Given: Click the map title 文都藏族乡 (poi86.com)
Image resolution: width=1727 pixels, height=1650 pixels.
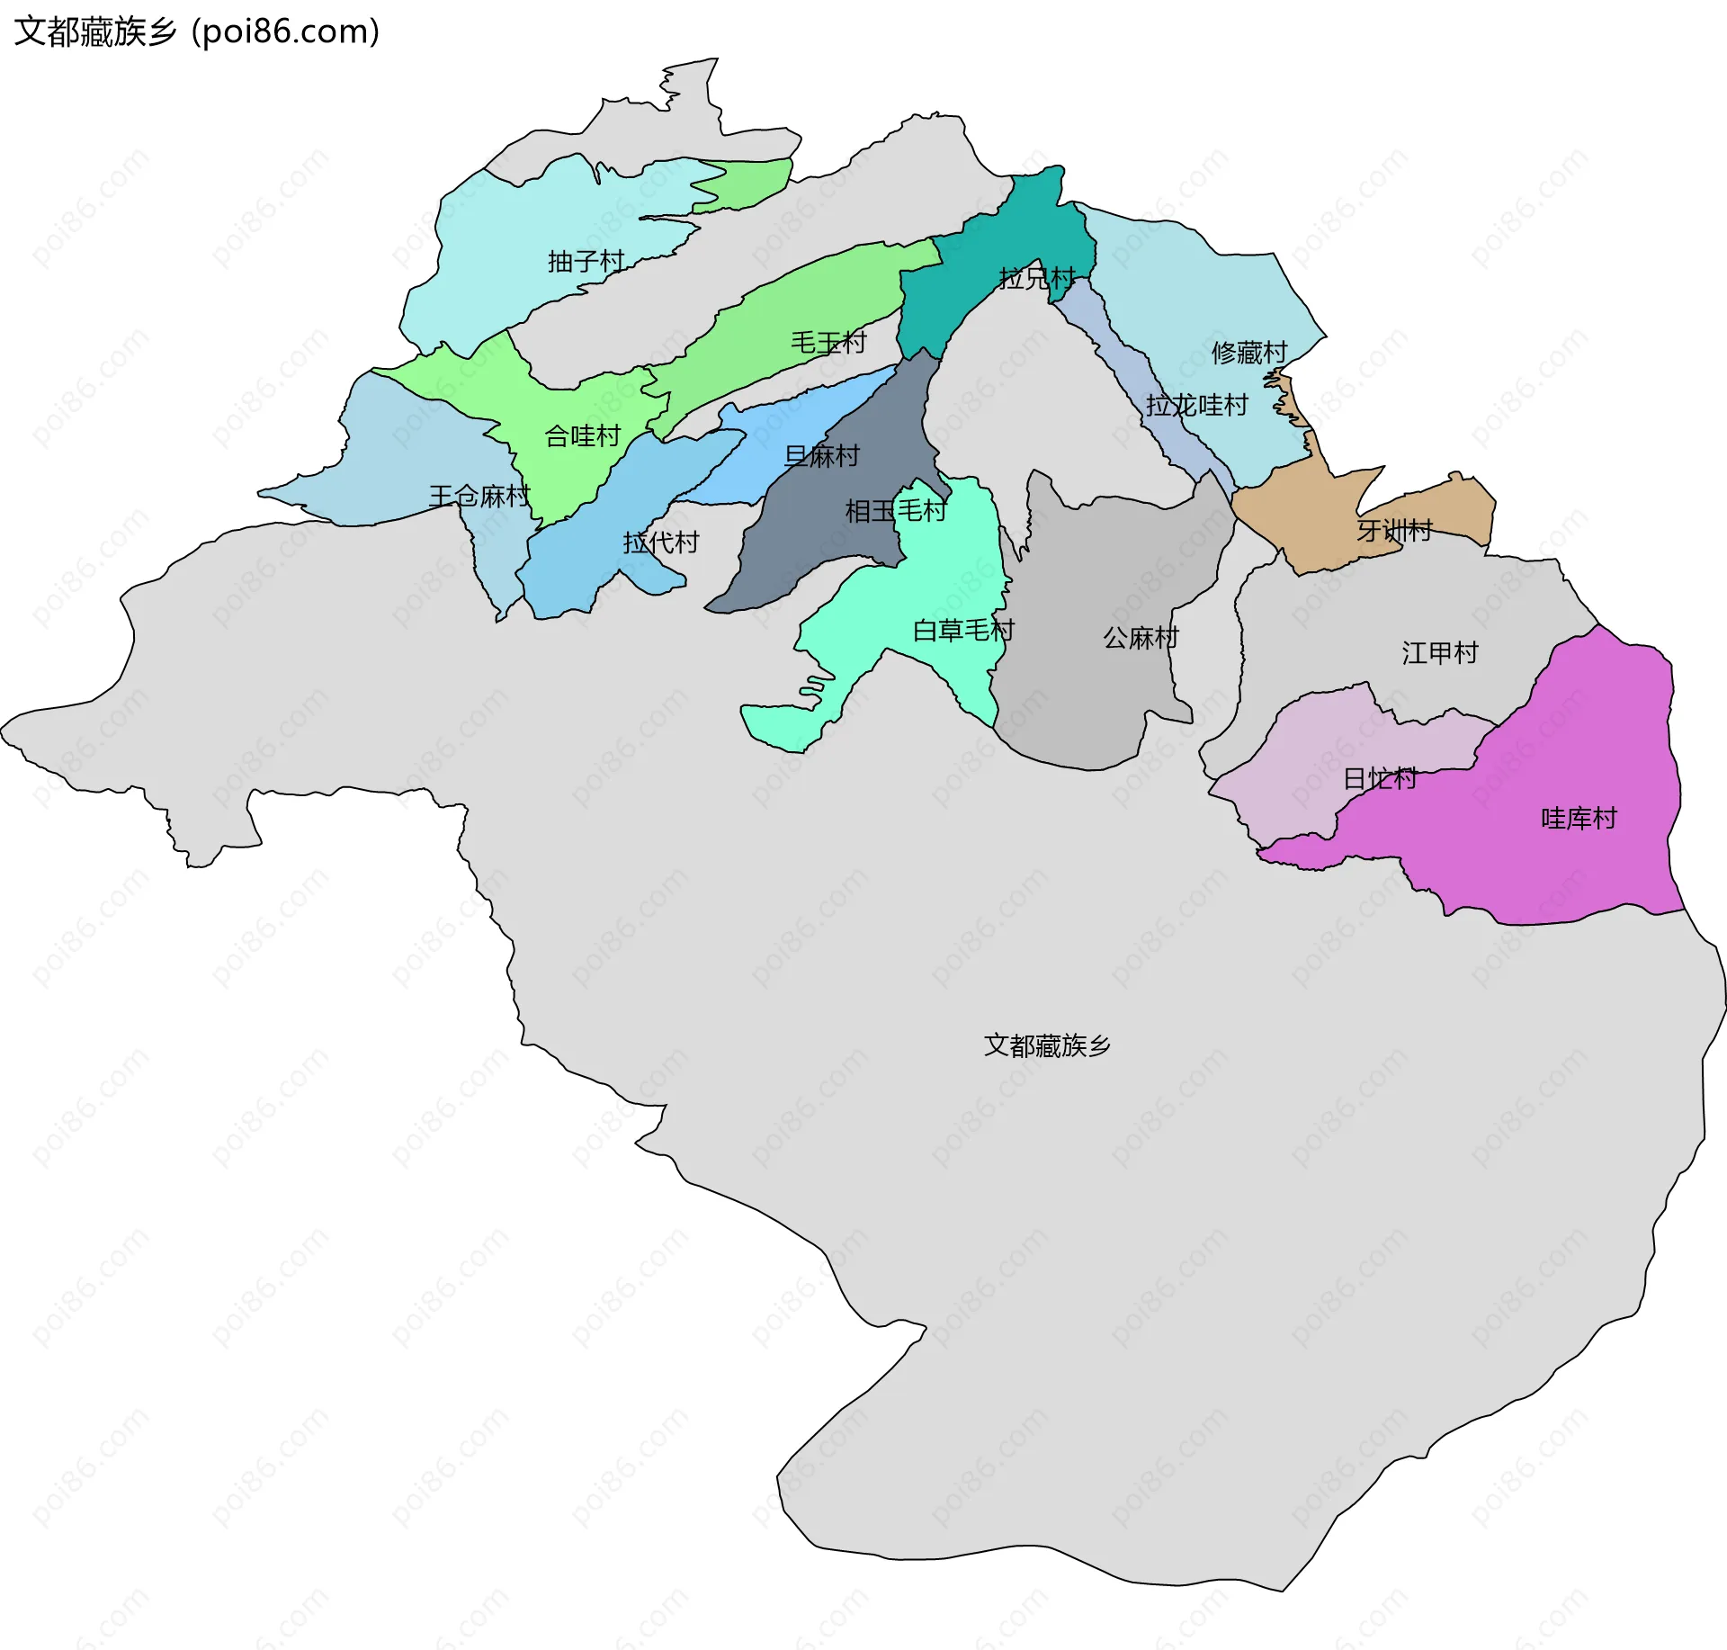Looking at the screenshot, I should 197,31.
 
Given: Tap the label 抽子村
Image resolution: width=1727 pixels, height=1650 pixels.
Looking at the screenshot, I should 586,261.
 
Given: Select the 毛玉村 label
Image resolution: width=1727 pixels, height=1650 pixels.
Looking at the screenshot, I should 828,342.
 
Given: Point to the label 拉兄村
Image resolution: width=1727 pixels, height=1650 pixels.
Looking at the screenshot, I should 1037,278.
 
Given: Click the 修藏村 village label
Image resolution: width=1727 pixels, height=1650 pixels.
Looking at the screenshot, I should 1249,352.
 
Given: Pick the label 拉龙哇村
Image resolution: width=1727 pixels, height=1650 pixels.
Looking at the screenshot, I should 1196,405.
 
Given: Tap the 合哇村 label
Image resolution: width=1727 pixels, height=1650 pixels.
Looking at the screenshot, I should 583,436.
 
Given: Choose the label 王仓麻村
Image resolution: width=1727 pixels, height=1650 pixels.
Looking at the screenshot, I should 479,496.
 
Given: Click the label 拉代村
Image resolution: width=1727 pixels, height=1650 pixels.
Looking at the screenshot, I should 661,542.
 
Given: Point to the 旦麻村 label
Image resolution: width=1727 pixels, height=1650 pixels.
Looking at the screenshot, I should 822,456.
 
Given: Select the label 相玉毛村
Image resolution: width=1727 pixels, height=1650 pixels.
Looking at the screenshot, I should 896,511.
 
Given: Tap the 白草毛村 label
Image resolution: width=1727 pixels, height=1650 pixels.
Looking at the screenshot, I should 963,630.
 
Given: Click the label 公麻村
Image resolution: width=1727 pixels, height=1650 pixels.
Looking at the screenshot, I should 1141,638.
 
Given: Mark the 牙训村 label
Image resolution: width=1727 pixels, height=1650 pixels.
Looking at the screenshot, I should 1394,530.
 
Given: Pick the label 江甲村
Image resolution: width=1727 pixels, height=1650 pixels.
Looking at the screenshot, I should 1440,652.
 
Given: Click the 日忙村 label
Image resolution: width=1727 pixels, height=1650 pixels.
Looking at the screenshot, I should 1380,778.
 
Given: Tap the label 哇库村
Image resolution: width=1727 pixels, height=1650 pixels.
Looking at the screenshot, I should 1579,818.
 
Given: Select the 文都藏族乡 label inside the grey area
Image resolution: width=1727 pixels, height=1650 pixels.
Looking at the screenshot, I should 1047,1045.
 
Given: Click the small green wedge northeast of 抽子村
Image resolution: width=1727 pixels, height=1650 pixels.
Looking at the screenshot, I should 747,184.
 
